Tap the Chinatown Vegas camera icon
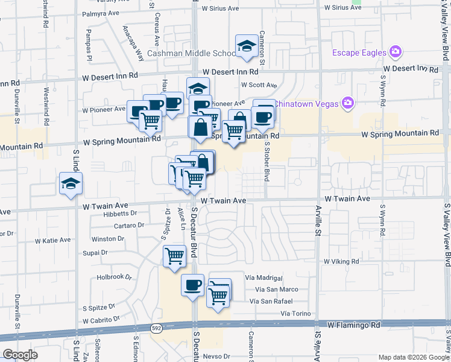pos(347,103)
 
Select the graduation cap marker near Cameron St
pos(247,46)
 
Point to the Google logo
pos(20,354)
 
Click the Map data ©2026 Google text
pos(413,357)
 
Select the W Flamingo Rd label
pos(354,325)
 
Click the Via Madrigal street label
pos(264,278)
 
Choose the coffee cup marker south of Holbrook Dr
pos(192,284)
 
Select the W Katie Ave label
pos(53,240)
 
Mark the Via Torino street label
pos(295,314)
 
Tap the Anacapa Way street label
pos(133,43)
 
